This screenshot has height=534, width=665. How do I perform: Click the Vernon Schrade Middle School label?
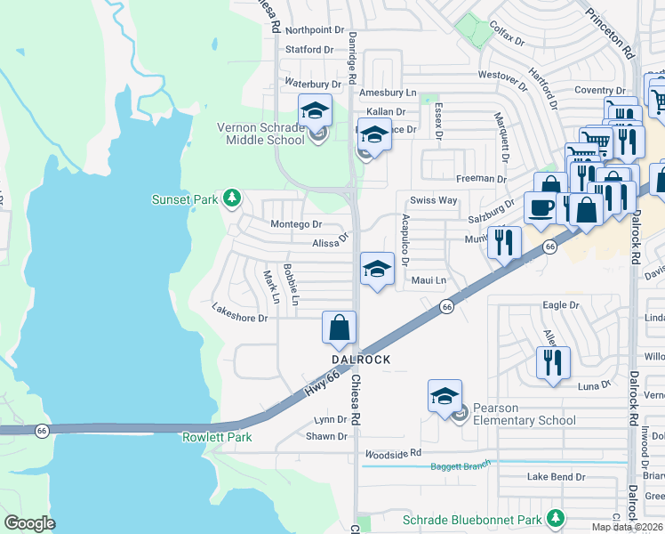(261, 133)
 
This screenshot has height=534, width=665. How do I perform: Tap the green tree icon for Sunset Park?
(232, 198)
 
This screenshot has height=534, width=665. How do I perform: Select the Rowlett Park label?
(217, 437)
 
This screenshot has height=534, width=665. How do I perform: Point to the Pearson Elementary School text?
(524, 414)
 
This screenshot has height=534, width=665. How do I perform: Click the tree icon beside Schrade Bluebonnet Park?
(556, 518)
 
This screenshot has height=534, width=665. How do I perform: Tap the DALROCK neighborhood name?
(361, 360)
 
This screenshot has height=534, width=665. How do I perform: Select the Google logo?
(29, 523)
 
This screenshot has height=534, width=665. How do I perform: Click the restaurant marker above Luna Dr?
(553, 362)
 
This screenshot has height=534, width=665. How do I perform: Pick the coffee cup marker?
(540, 208)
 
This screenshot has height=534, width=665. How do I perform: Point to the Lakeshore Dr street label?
(239, 318)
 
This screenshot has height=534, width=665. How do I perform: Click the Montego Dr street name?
(295, 225)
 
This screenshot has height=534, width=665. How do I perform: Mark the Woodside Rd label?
(392, 454)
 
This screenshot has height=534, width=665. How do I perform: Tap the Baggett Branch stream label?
(461, 465)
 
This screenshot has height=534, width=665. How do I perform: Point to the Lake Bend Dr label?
(556, 477)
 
